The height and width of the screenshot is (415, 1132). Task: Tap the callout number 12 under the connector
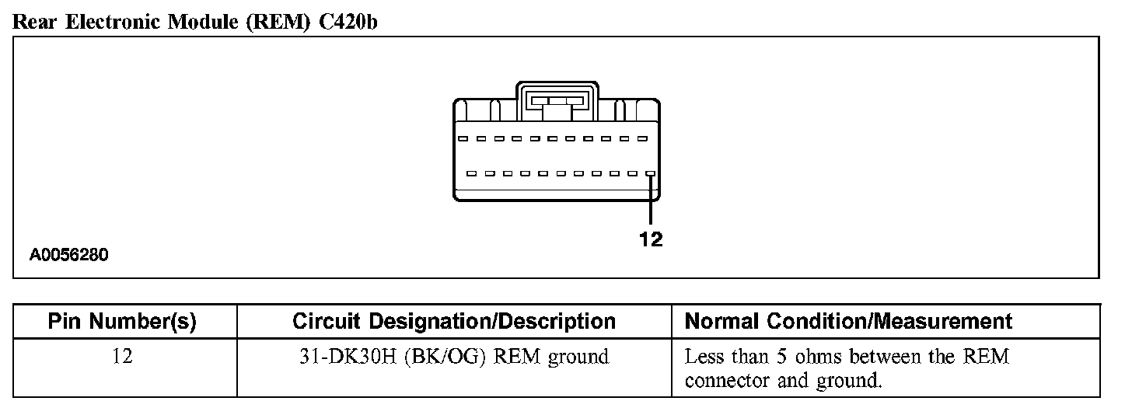[x=651, y=240]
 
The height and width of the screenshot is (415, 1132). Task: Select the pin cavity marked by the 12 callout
[x=651, y=174]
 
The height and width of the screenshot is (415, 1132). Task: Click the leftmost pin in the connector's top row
[x=463, y=139]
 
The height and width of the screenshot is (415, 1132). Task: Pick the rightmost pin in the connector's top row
[x=642, y=139]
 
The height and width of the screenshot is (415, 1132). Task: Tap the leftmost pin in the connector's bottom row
[x=472, y=174]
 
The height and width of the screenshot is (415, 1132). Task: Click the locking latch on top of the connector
[x=556, y=101]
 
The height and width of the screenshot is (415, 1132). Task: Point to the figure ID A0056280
[x=69, y=255]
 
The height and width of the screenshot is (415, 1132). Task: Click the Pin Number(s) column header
[x=122, y=321]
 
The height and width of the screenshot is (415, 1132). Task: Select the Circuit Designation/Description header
[x=454, y=321]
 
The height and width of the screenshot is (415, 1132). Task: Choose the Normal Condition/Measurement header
[x=848, y=321]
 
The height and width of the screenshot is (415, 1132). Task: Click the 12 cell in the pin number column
[x=122, y=357]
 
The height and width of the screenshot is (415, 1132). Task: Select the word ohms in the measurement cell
[x=825, y=357]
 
